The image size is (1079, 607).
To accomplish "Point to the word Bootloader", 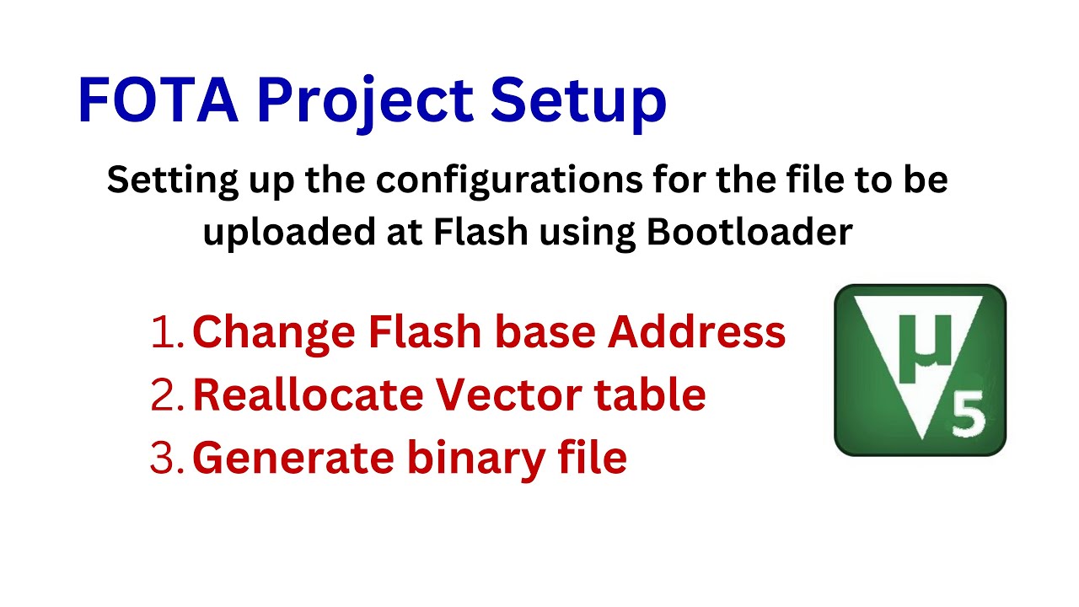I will [749, 232].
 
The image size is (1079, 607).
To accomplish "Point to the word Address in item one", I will [697, 333].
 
